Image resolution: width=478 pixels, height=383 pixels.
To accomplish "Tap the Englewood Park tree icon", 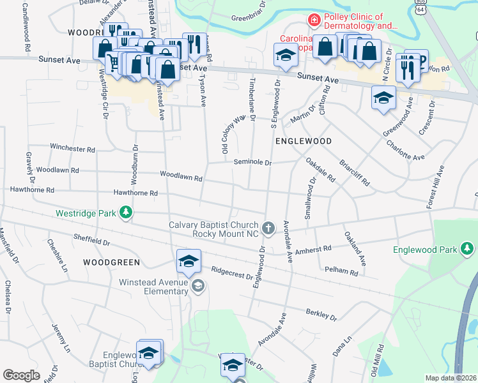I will [x=467, y=248].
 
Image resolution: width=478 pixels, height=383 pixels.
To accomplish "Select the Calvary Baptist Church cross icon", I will [x=269, y=227].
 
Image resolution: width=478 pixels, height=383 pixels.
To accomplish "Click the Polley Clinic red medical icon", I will [x=314, y=21].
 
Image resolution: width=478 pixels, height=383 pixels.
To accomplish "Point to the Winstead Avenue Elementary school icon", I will [x=199, y=287].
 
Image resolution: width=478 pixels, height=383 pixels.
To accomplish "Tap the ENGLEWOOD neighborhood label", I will [x=304, y=140].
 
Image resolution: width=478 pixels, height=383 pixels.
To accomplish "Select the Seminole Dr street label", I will [x=252, y=162].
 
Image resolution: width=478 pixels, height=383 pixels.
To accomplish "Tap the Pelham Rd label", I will [x=342, y=271].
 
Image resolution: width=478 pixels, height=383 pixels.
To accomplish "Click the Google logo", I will [x=22, y=375].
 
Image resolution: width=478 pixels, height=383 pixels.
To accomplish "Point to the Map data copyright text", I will [x=451, y=378].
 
